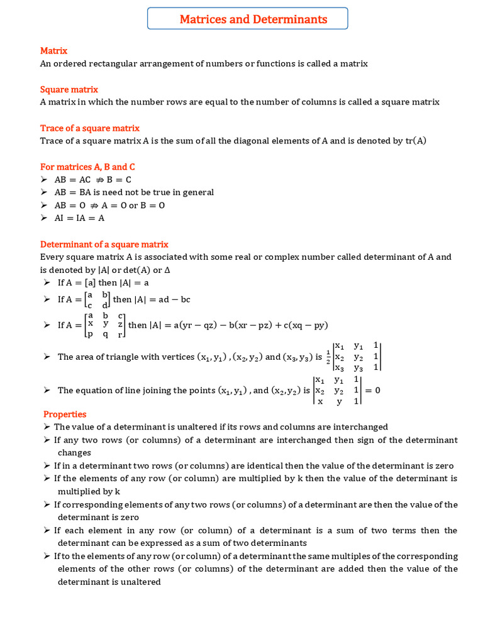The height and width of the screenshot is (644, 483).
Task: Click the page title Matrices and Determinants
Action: (253, 19)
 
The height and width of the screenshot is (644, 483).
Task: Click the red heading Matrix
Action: (53, 50)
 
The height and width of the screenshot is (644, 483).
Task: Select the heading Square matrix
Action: (69, 89)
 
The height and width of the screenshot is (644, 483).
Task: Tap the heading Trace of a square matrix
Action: (89, 128)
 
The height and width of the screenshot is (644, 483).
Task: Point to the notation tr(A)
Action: (415, 141)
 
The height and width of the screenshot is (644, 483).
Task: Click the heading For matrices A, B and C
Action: (87, 167)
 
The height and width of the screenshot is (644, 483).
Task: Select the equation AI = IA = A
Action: (79, 218)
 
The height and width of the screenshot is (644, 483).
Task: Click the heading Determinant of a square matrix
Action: (104, 244)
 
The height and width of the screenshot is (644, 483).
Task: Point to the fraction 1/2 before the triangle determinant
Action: (328, 357)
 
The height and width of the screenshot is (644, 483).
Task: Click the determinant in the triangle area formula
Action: (357, 357)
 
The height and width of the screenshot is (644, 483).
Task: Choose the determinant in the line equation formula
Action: (337, 391)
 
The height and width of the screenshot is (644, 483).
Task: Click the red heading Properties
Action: (65, 414)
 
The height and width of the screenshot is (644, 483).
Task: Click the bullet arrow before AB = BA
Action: (43, 192)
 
